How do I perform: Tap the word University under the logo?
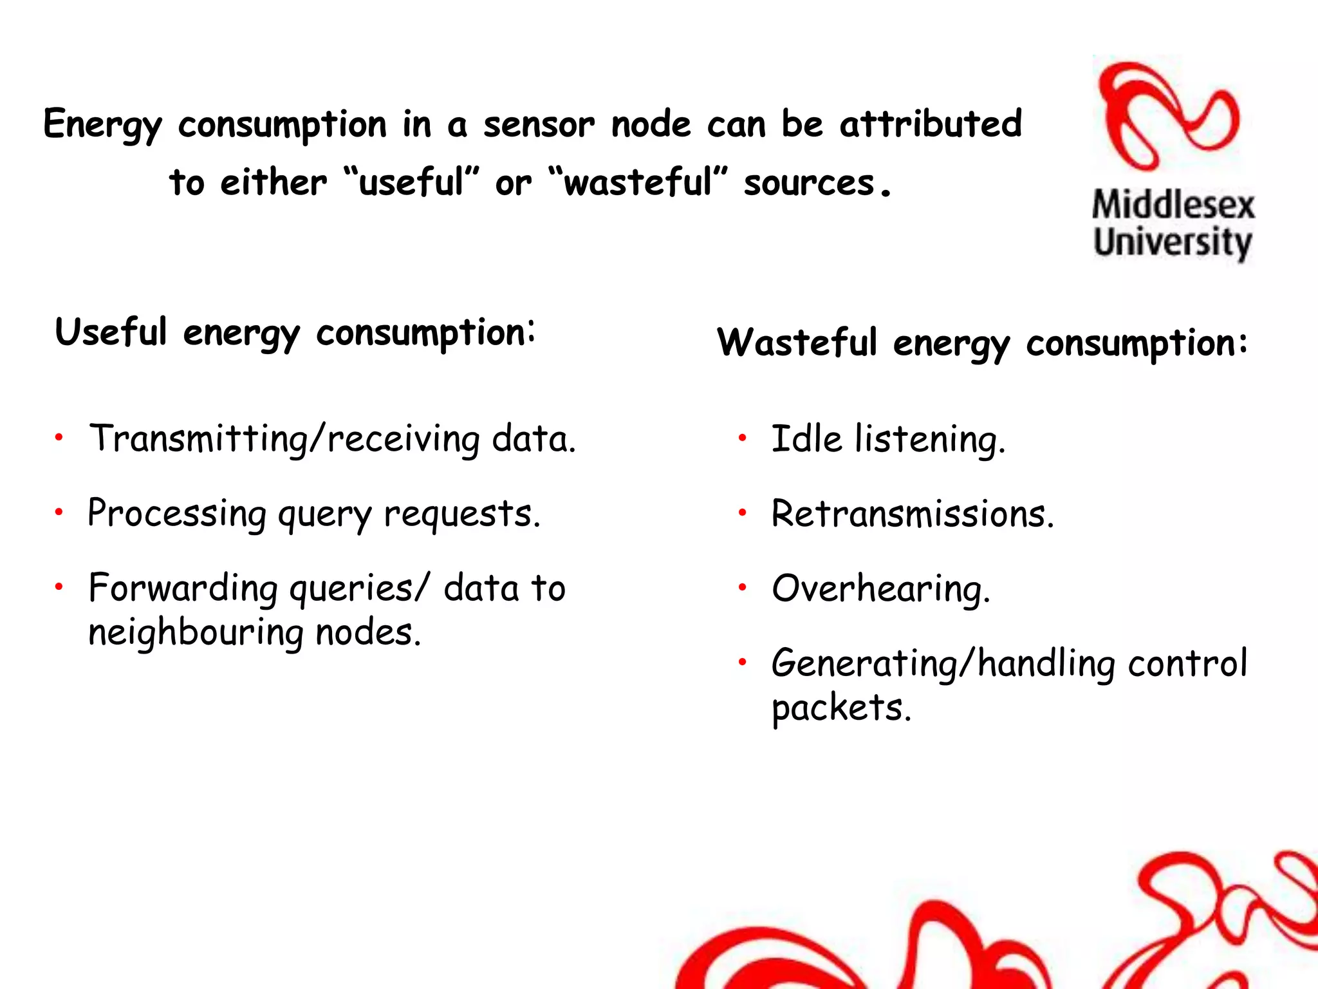(1173, 243)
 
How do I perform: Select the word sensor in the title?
(539, 124)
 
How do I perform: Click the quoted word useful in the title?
(412, 182)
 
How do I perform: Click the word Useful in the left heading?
(111, 332)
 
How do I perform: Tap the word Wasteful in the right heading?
(797, 342)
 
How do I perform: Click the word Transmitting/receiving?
(284, 440)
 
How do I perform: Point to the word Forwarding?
(183, 589)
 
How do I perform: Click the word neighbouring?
(196, 634)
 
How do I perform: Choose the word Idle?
(806, 439)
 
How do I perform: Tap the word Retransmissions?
(913, 514)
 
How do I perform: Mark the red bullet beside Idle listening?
(742, 438)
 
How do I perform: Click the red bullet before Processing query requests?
(59, 513)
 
